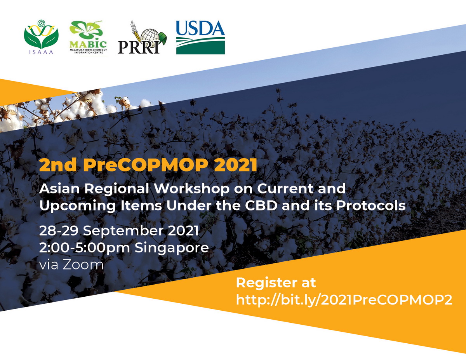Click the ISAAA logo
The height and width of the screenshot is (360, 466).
pyautogui.click(x=41, y=37)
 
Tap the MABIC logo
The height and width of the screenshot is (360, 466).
pyautogui.click(x=88, y=37)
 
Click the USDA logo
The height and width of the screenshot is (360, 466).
pyautogui.click(x=200, y=37)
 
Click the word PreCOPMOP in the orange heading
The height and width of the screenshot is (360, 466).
pyautogui.click(x=146, y=165)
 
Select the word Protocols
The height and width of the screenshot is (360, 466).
pyautogui.click(x=371, y=206)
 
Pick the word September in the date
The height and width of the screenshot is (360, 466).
pyautogui.click(x=123, y=231)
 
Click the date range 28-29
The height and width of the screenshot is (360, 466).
pyautogui.click(x=59, y=231)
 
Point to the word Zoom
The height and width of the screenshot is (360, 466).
pyautogui.click(x=83, y=265)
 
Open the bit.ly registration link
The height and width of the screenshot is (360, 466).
pyautogui.click(x=344, y=300)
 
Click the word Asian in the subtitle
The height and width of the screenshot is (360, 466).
pyautogui.click(x=59, y=189)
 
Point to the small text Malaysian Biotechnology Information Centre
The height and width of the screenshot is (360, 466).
pyautogui.click(x=88, y=51)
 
